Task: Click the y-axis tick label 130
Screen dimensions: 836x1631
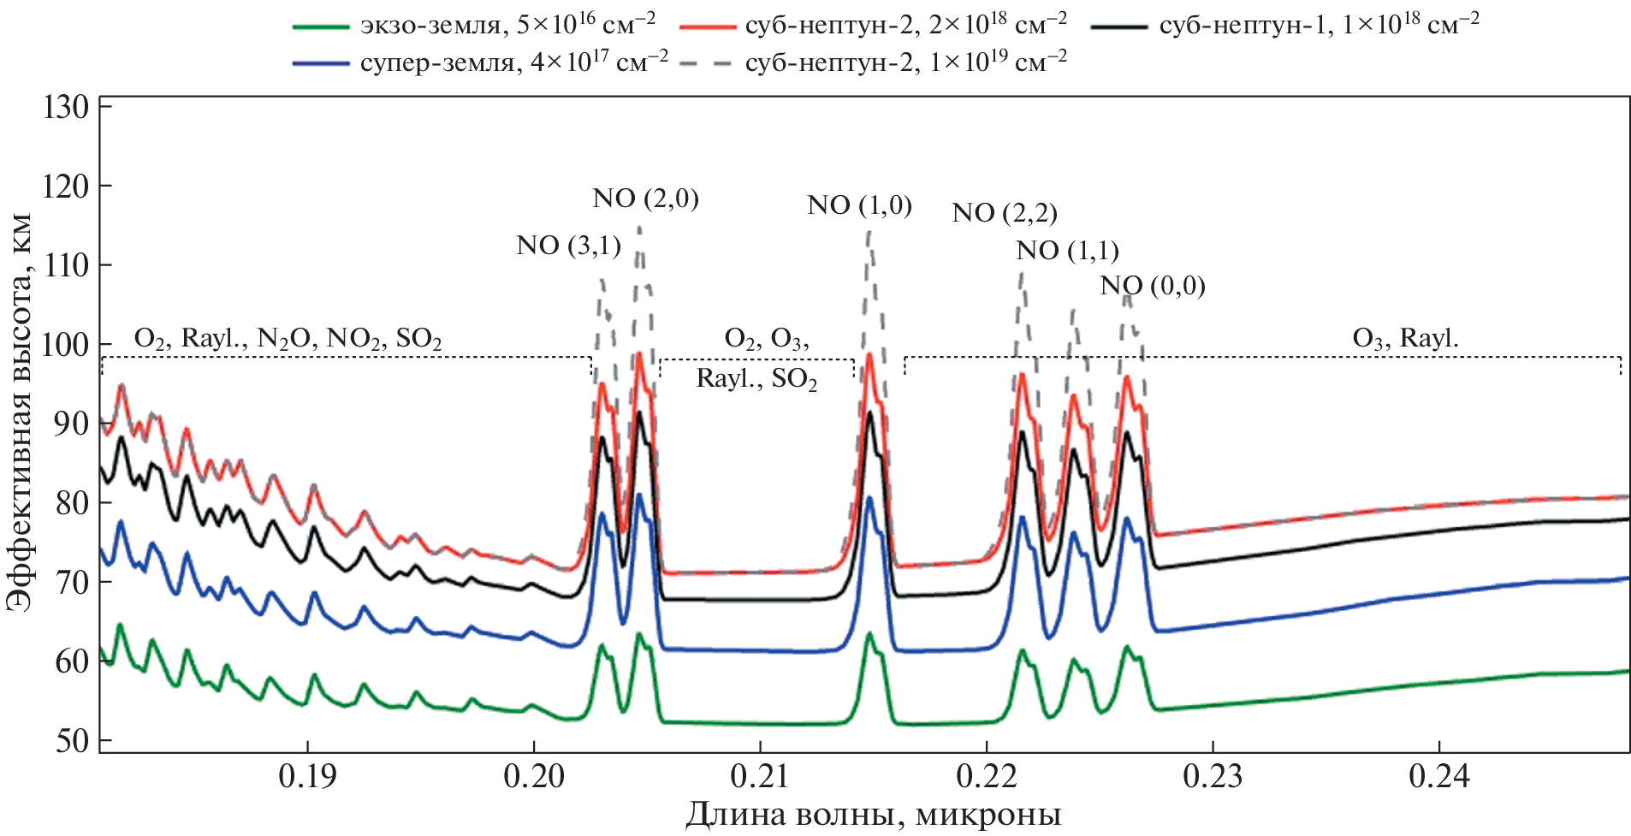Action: click(x=66, y=108)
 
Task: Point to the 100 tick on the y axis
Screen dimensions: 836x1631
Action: click(x=66, y=345)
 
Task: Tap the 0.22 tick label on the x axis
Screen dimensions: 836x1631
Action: click(x=986, y=776)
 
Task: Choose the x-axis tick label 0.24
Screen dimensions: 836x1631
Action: click(x=1438, y=776)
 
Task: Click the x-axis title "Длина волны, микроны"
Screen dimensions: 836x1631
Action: click(x=873, y=815)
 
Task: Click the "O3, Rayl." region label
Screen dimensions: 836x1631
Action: click(x=1405, y=339)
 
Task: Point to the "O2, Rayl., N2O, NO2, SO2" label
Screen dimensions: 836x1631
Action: click(x=288, y=340)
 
